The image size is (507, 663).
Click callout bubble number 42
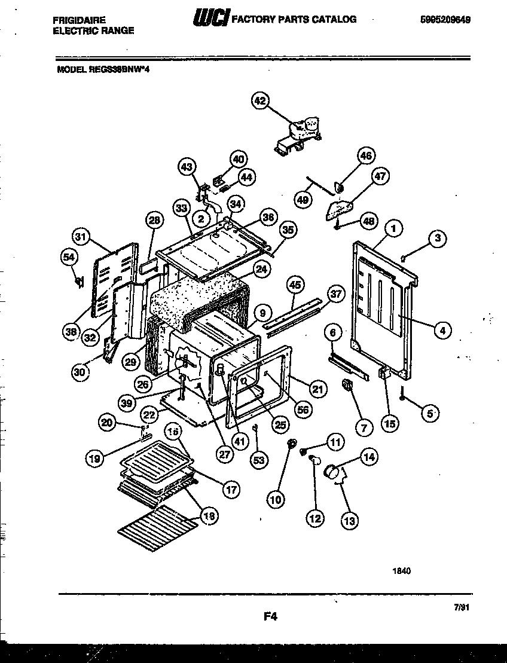[x=259, y=101]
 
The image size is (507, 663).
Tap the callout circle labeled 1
[x=393, y=227]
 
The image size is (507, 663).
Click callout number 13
[x=350, y=521]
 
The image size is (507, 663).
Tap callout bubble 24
[x=261, y=269]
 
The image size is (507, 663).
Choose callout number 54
[x=69, y=257]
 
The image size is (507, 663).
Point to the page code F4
[x=273, y=615]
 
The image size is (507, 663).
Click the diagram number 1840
[x=402, y=570]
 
